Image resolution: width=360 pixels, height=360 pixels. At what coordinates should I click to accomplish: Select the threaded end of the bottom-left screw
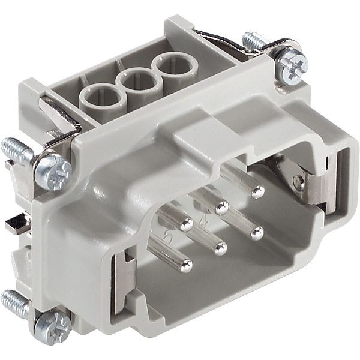[13, 300]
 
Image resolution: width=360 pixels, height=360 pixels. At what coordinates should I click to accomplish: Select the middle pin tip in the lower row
[220, 245]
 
